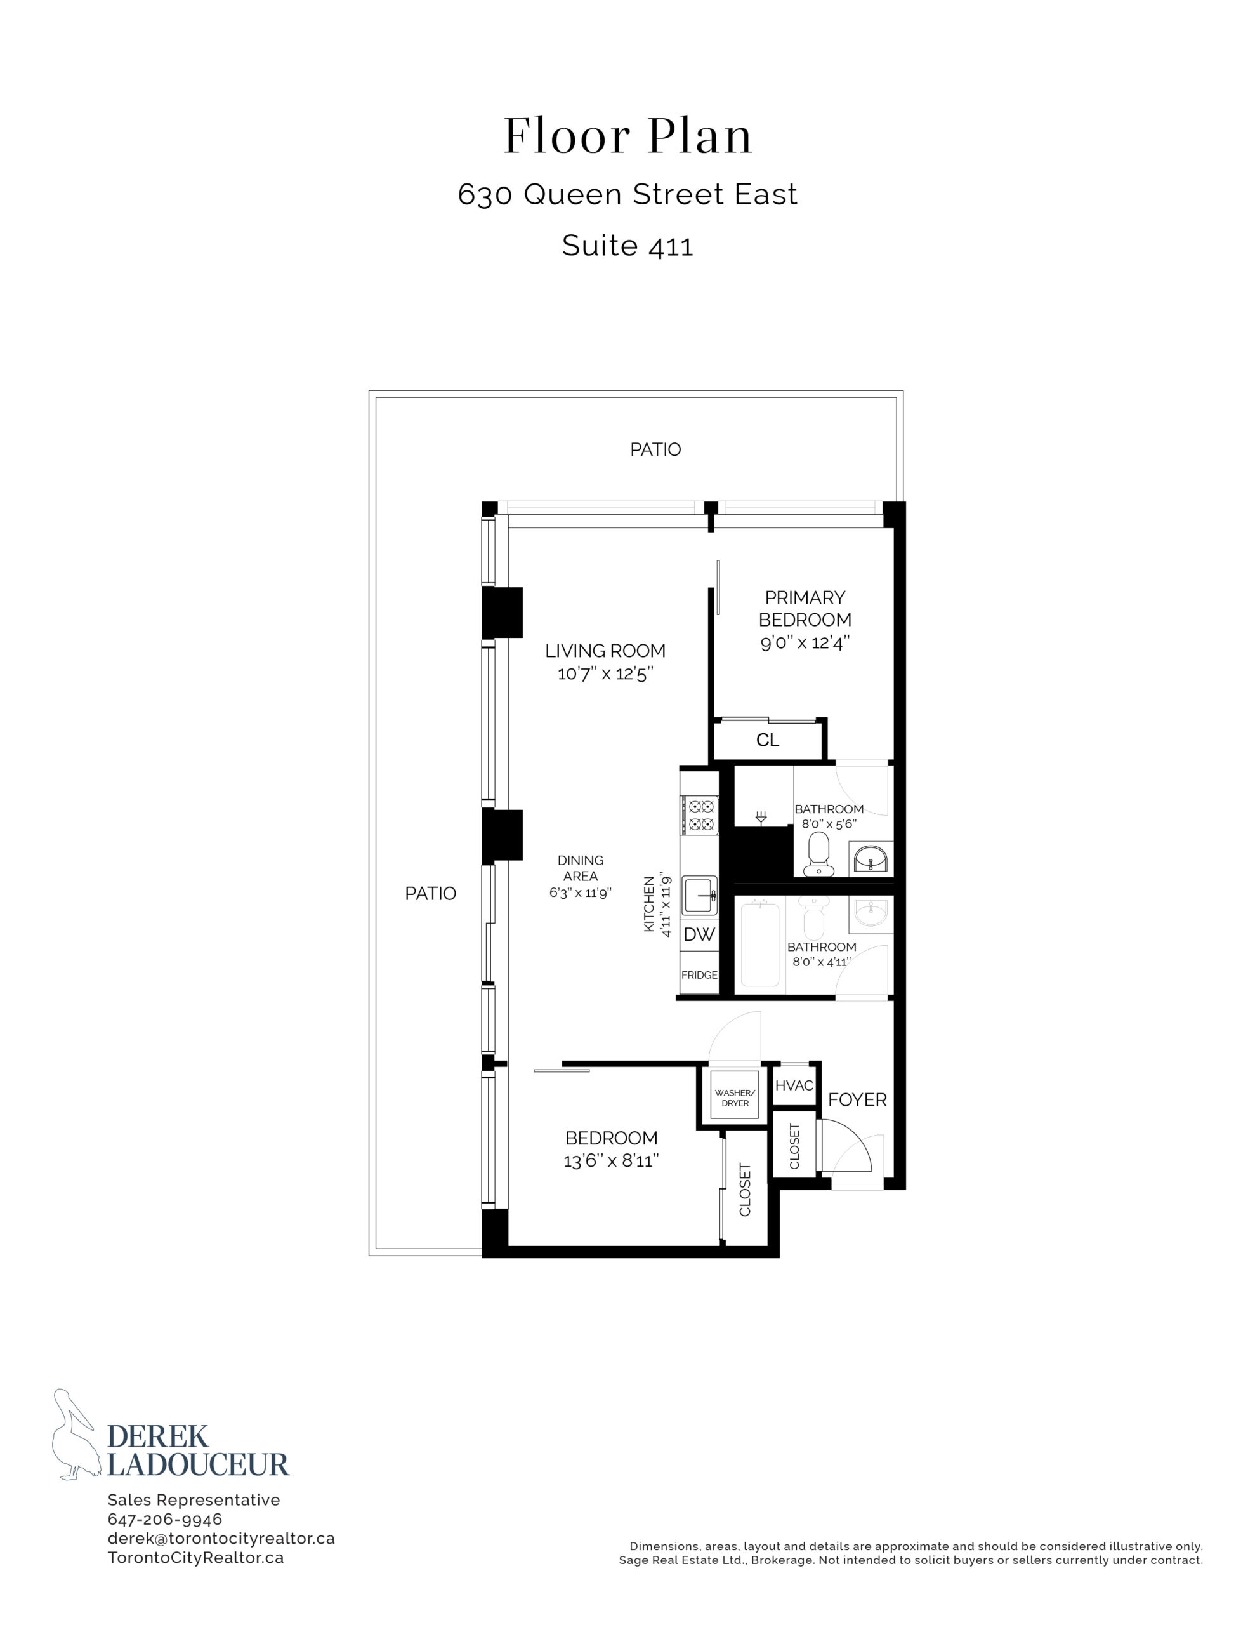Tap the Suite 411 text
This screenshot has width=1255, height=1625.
pyautogui.click(x=627, y=246)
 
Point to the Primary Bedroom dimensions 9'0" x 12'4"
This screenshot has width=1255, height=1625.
pyautogui.click(x=805, y=642)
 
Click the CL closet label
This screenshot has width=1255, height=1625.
pyautogui.click(x=768, y=740)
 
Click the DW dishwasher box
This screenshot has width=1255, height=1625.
pyautogui.click(x=699, y=934)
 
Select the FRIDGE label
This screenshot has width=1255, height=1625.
pyautogui.click(x=699, y=975)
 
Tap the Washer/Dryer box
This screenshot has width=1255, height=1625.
pyautogui.click(x=734, y=1098)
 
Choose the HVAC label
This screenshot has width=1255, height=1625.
pyautogui.click(x=794, y=1085)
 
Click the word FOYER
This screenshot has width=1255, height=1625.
pyautogui.click(x=857, y=1099)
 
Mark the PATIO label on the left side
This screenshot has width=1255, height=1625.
pyautogui.click(x=431, y=894)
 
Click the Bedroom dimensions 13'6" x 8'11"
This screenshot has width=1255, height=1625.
pyautogui.click(x=612, y=1161)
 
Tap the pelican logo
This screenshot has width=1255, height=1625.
pyautogui.click(x=74, y=1434)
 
